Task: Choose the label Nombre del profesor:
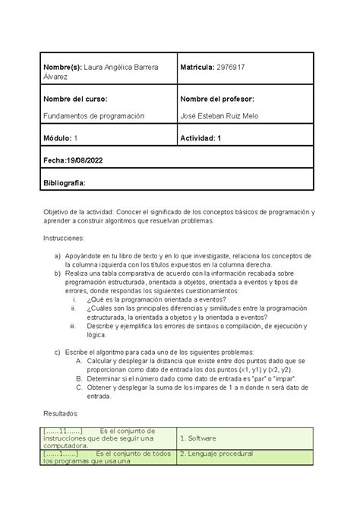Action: (x=217, y=99)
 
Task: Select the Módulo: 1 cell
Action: (x=62, y=138)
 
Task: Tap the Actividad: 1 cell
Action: (x=203, y=138)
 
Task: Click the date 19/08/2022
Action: (x=84, y=160)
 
